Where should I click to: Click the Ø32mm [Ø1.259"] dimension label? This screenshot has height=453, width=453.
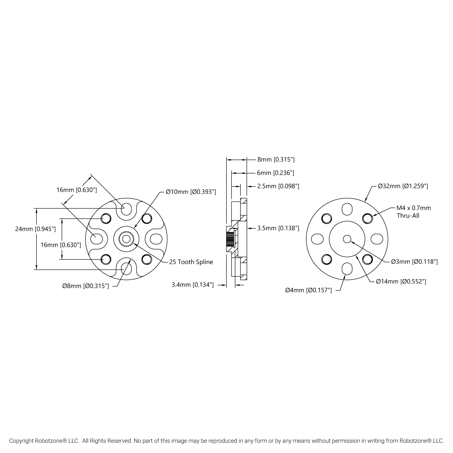(x=403, y=186)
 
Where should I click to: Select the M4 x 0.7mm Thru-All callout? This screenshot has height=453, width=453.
(x=413, y=212)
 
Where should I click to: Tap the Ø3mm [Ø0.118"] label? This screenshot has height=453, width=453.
(x=414, y=262)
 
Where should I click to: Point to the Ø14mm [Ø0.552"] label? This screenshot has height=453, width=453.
(x=401, y=281)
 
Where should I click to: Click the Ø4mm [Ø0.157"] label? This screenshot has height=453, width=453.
(x=308, y=290)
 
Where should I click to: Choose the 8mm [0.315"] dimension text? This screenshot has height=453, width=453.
(x=276, y=159)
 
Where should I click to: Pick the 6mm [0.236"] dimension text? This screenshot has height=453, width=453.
(x=275, y=173)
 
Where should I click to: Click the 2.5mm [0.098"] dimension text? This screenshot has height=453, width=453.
(x=278, y=186)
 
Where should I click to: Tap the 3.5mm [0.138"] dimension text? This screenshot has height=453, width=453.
(x=278, y=228)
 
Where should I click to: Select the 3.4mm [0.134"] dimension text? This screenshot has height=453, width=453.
(x=193, y=284)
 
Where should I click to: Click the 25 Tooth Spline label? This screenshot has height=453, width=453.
(x=191, y=262)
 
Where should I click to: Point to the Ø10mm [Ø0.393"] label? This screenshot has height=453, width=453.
(x=191, y=192)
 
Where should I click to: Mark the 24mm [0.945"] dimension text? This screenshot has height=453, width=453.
(x=35, y=229)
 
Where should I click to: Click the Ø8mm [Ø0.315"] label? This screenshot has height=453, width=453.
(x=85, y=286)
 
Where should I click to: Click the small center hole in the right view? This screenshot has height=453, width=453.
(x=347, y=239)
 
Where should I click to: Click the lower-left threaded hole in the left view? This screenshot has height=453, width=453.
(x=105, y=259)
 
